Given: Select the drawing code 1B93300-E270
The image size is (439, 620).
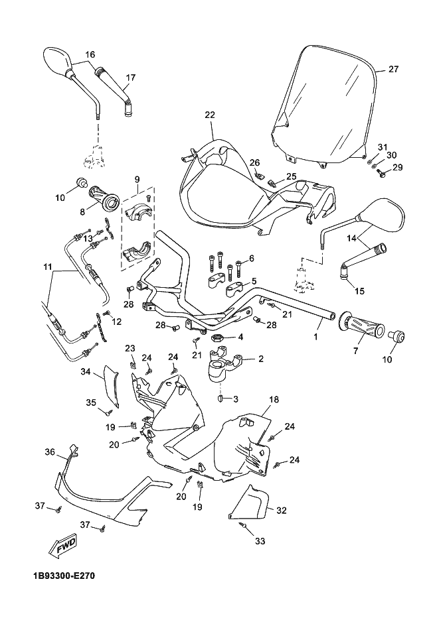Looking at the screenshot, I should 64,576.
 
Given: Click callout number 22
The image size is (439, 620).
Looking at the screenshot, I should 210,115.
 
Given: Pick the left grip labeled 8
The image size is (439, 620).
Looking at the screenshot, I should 104,197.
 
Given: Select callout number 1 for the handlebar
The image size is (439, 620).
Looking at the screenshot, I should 315,337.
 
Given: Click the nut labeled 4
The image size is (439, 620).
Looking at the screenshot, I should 217,339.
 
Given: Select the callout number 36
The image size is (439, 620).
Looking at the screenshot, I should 50,452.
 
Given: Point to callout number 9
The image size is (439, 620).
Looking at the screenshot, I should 137,179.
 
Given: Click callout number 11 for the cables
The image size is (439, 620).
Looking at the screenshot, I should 47,267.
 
